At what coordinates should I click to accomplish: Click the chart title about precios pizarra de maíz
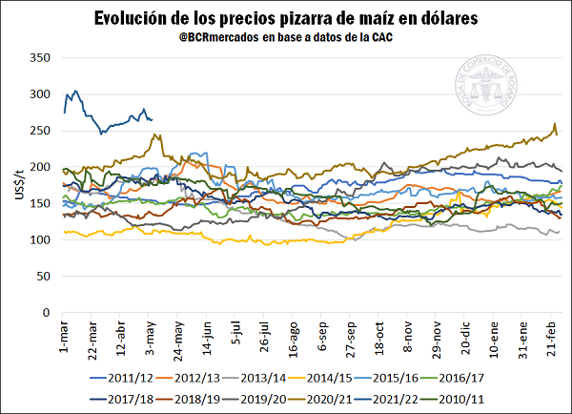coord(286,18)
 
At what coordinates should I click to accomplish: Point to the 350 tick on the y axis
coord(39,58)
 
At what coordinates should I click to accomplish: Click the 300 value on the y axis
coord(39,94)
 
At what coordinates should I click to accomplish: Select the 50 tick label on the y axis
coord(43,276)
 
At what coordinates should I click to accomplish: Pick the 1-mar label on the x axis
coord(63,338)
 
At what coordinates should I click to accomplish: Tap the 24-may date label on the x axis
coord(177,341)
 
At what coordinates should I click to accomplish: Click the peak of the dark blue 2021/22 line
coord(74,91)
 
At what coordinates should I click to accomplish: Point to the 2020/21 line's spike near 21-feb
coord(555,124)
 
